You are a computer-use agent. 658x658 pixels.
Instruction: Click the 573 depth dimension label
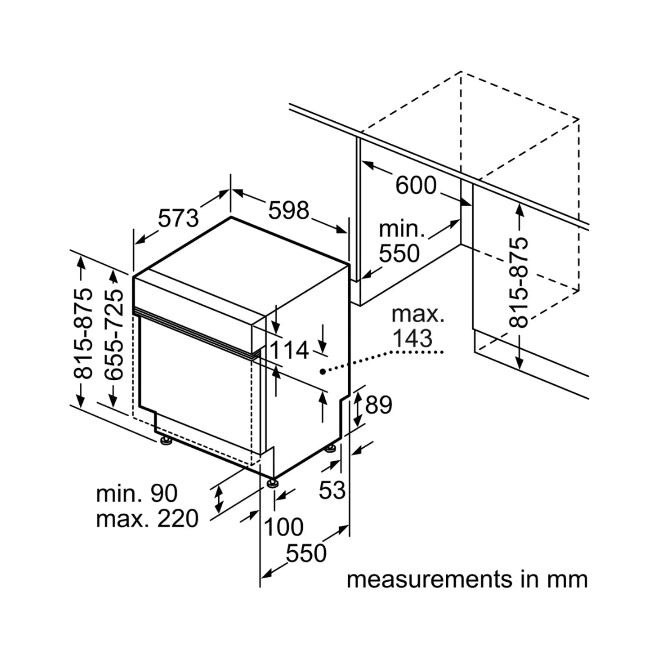point(179,218)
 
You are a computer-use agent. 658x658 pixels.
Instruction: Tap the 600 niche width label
point(416,185)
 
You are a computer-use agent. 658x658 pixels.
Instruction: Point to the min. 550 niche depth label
point(400,241)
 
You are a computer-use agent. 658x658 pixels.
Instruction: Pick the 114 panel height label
point(290,351)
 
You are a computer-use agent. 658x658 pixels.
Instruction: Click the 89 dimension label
point(378,405)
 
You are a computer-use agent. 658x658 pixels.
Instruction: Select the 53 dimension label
point(333,490)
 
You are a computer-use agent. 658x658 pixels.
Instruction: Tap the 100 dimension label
point(283,527)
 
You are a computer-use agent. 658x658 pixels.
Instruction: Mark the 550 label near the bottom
point(306,553)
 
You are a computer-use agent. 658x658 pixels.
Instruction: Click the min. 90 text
point(136,493)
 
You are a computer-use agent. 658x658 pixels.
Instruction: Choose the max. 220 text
point(147,519)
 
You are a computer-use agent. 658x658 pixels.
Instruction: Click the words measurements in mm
point(467,579)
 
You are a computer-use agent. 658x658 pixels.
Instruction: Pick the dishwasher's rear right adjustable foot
point(331,449)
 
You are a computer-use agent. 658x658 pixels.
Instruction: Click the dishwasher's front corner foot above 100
point(271,484)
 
